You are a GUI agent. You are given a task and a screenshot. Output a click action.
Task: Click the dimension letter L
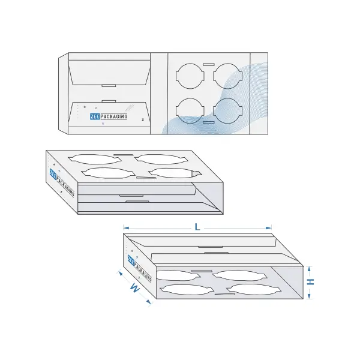point(197,227)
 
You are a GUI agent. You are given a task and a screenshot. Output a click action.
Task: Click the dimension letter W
point(134,287)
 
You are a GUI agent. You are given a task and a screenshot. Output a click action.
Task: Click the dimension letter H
point(311,282)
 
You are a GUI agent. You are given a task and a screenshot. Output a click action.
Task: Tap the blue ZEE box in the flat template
point(95,116)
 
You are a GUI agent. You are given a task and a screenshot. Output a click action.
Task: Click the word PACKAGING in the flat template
point(114,116)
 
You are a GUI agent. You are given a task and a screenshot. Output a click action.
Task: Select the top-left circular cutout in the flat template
point(190,76)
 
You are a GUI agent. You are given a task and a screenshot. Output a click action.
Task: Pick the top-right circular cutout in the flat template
point(227,76)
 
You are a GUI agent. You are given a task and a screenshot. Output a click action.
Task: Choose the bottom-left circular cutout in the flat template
point(190,111)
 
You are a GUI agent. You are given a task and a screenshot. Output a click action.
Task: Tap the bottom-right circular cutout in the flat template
point(227,111)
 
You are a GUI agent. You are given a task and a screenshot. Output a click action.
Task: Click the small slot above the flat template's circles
point(209,65)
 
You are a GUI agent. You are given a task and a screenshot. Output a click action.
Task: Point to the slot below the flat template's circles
point(209,122)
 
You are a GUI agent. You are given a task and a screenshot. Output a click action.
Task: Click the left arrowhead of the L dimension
point(126,228)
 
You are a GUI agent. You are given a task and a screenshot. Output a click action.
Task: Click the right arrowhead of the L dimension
point(269,228)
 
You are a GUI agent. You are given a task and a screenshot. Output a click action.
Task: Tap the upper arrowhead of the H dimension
point(309,269)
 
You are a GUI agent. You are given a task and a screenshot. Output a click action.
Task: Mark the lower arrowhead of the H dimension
point(309,296)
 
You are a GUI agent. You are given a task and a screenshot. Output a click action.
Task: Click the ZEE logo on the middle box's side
point(53,174)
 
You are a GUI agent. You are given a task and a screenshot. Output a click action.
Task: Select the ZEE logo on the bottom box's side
point(131,260)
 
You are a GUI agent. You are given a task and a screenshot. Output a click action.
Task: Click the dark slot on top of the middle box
point(123,155)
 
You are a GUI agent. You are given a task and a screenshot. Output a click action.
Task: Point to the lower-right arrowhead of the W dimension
point(149,302)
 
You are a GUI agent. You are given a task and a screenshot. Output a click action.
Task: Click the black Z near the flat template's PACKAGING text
point(143,119)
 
